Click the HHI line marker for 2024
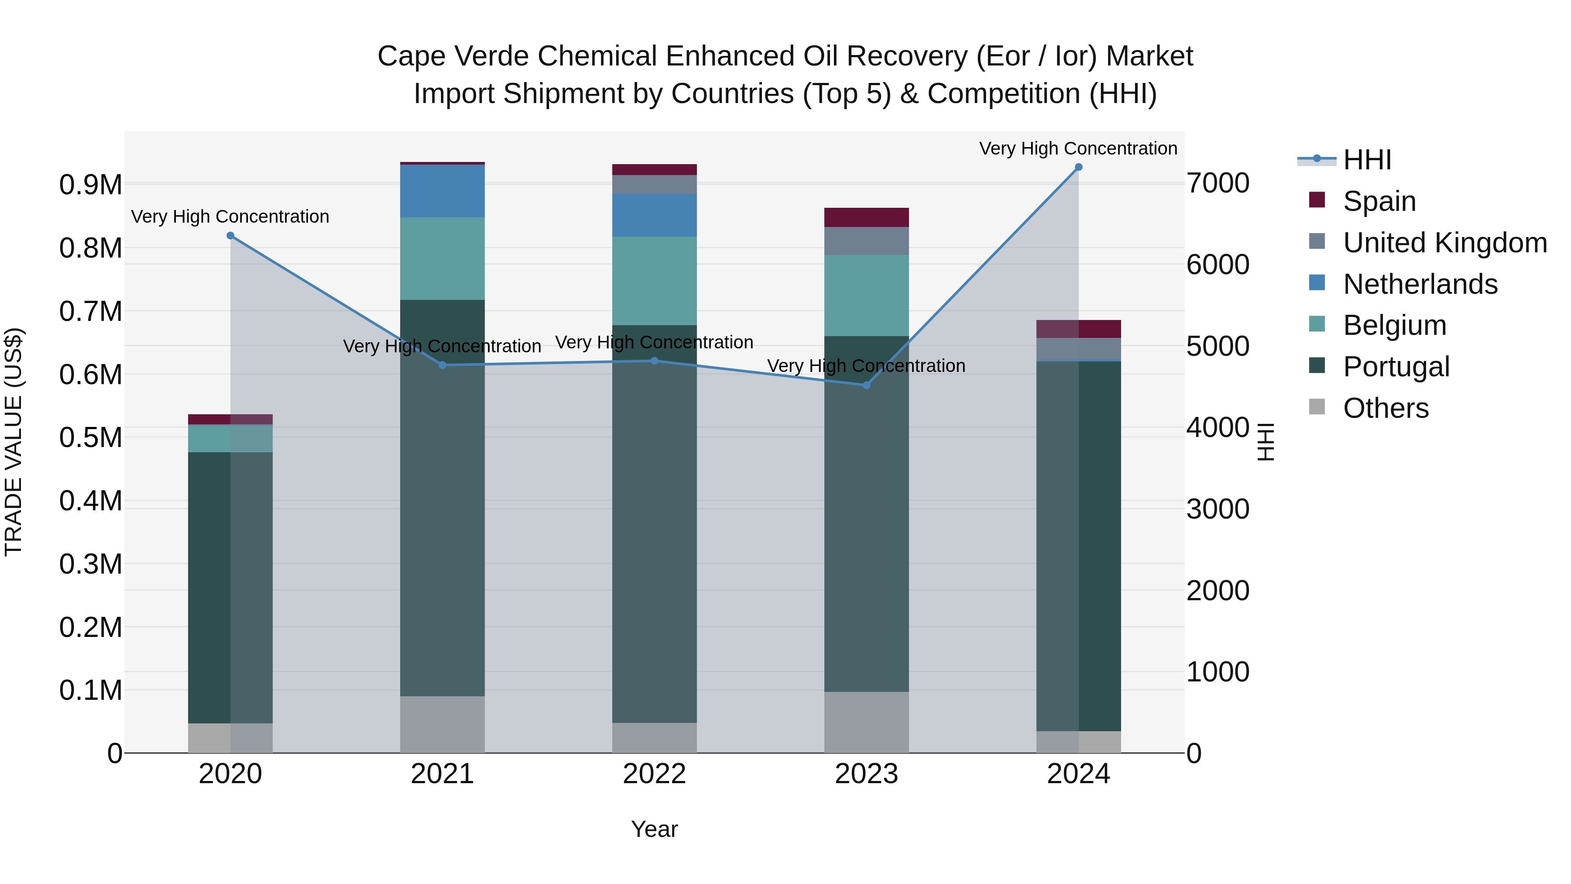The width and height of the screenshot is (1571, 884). (1078, 167)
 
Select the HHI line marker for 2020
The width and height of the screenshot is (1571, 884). (230, 235)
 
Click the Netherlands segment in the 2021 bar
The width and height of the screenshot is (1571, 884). (442, 191)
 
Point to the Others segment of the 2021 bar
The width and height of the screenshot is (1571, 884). (442, 724)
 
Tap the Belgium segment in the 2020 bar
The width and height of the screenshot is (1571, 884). (230, 438)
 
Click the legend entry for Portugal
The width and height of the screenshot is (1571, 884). (1396, 367)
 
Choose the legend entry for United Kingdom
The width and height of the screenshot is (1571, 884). (1445, 243)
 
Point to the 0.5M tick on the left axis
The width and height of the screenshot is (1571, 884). (91, 437)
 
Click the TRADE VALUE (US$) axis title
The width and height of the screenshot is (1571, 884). (14, 442)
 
